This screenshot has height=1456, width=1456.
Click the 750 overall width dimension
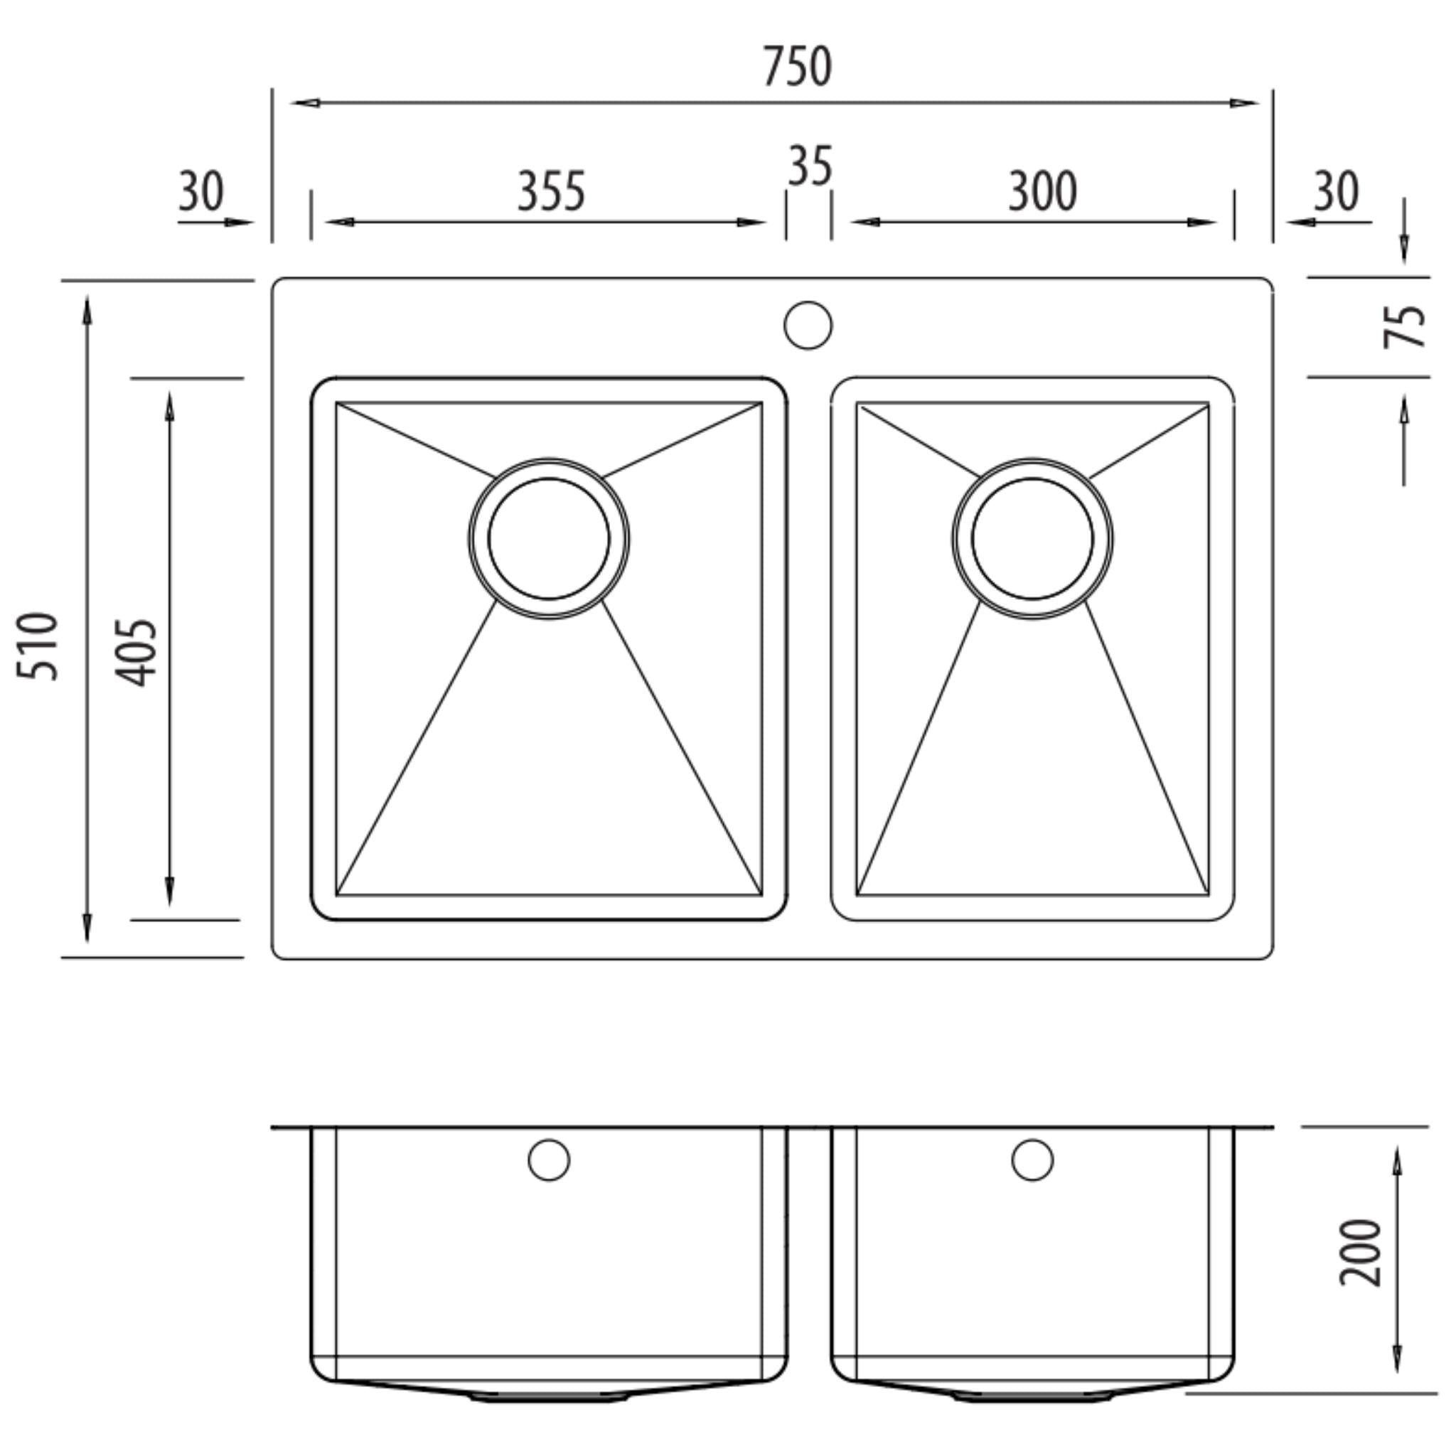(798, 66)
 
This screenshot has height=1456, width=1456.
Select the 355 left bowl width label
(551, 191)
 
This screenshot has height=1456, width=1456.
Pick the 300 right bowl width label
(1043, 191)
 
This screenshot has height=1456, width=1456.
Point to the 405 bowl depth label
(136, 653)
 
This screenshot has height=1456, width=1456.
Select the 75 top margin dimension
(1405, 326)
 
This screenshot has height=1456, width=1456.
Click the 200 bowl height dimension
(1361, 1253)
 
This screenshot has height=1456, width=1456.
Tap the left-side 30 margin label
(200, 191)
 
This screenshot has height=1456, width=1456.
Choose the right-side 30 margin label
(1336, 191)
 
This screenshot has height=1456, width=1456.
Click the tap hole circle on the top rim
(808, 326)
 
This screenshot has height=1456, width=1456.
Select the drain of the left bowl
(549, 539)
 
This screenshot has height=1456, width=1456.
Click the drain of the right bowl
(1032, 539)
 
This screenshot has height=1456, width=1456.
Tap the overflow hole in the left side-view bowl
(549, 1160)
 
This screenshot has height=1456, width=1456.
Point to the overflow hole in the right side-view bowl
(1032, 1160)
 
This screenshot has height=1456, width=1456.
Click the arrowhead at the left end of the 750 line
(303, 102)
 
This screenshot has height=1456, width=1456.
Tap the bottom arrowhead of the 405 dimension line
(170, 892)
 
